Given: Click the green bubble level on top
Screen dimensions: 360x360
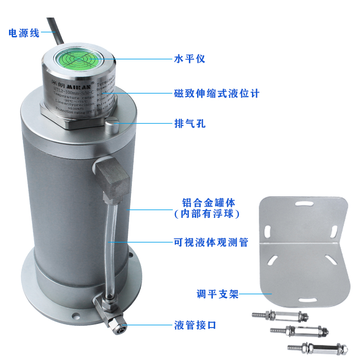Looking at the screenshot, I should coord(76,58).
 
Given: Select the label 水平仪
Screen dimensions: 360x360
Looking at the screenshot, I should coord(189,58).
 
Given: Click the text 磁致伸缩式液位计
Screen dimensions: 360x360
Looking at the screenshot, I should coord(216,94).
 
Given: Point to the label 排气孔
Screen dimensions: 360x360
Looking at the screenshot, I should coord(189,123).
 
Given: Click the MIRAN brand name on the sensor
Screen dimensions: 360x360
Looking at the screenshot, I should coord(76,84).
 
